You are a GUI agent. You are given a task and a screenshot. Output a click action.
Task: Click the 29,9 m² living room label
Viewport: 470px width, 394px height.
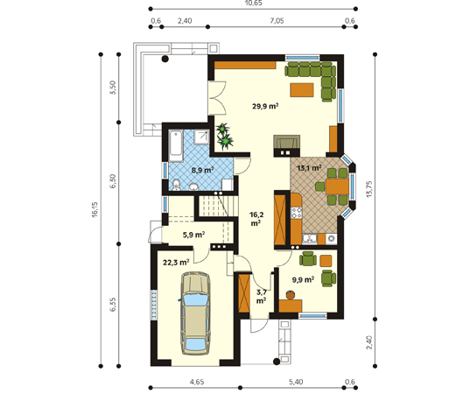[x=265, y=106]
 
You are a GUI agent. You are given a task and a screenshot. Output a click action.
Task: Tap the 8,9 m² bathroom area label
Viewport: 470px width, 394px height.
[x=203, y=171]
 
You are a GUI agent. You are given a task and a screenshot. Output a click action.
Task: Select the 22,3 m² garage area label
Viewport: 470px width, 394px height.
[x=176, y=263]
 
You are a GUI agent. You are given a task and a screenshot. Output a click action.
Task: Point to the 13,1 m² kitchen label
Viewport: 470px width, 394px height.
[x=309, y=167]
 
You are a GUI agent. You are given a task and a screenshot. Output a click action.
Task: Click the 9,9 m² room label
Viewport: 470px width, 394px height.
[x=303, y=280]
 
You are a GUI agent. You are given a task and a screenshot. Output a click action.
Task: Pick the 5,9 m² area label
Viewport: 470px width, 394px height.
[x=193, y=235]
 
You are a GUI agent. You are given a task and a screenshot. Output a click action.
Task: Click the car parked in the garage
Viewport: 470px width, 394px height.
[x=195, y=313]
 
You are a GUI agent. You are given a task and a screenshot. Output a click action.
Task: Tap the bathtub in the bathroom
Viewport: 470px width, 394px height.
[x=176, y=145]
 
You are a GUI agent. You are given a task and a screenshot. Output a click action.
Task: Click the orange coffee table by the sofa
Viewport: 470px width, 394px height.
[x=302, y=90]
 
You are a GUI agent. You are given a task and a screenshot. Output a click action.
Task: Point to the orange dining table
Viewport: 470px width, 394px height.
[x=337, y=186]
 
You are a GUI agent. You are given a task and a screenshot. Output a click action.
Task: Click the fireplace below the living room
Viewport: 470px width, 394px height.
[x=286, y=145]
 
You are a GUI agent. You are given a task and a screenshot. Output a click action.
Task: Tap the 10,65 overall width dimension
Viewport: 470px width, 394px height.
[x=253, y=3]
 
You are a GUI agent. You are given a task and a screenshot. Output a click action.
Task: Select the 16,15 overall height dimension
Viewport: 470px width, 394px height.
[x=95, y=209]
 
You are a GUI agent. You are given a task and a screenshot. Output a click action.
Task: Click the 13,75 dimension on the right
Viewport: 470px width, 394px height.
[x=369, y=189]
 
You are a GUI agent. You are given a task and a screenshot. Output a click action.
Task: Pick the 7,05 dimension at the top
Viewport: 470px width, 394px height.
[x=277, y=21]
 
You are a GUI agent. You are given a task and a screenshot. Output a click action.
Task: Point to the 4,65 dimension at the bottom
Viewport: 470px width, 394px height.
[x=197, y=382]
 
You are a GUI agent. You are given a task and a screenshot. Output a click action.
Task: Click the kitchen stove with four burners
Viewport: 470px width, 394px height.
[x=297, y=212]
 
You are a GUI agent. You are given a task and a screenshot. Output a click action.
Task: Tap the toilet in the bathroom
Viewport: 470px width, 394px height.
[x=176, y=185]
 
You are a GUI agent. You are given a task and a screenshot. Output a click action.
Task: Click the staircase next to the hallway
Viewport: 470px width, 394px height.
[x=216, y=206]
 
